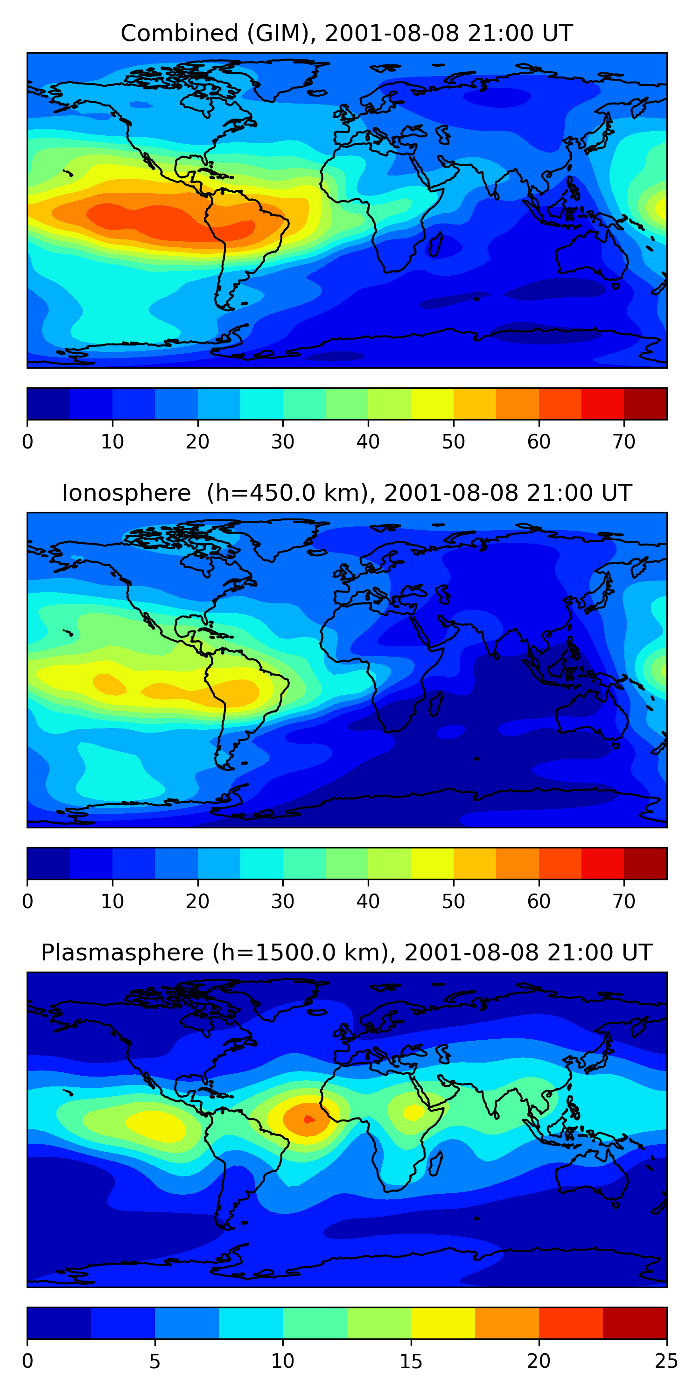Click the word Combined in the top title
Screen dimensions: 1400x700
[179, 33]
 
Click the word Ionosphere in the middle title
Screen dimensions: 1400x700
[126, 493]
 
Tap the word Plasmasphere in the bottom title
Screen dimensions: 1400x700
[122, 953]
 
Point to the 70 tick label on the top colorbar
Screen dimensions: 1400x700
[624, 442]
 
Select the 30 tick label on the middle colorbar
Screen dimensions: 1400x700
[283, 902]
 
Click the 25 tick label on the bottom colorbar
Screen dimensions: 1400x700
[666, 1361]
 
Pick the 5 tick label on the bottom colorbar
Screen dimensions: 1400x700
[155, 1361]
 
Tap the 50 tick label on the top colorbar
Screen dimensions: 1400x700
[453, 442]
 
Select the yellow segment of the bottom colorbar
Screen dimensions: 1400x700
[443, 1323]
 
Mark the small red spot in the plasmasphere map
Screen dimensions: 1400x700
[308, 1119]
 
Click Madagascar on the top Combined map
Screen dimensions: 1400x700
[436, 245]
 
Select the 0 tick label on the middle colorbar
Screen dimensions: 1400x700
[28, 902]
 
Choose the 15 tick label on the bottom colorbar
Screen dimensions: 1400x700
[411, 1361]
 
